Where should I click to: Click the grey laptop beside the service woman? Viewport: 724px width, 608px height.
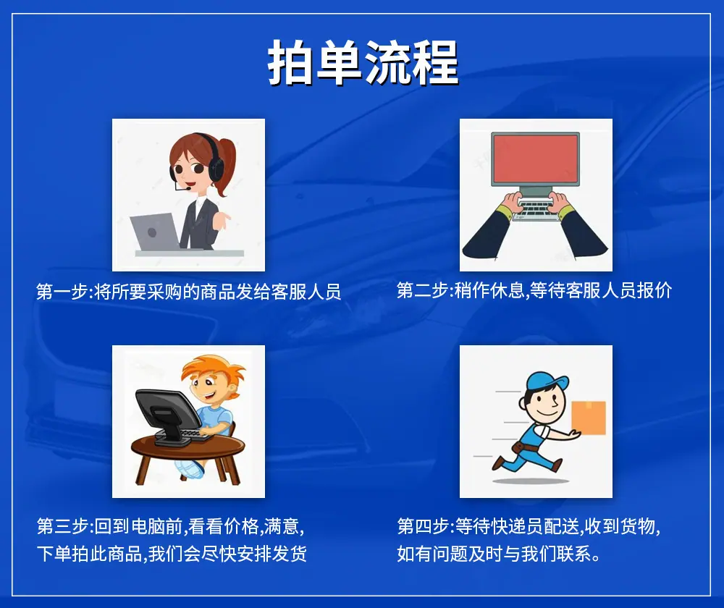click(155, 232)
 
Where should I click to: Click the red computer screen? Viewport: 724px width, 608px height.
click(535, 159)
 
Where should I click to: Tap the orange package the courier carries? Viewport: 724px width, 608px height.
click(589, 418)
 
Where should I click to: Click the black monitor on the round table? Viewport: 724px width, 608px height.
click(168, 416)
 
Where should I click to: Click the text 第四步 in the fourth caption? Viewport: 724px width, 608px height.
click(423, 526)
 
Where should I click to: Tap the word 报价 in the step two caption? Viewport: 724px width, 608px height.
click(654, 290)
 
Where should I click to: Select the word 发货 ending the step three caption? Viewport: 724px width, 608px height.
click(289, 554)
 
